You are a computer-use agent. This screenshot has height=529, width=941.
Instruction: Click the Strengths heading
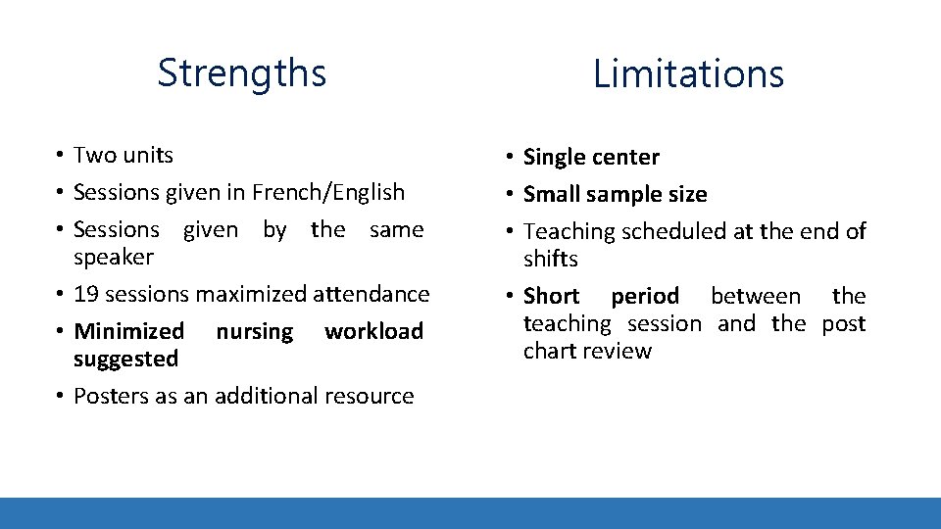point(241,73)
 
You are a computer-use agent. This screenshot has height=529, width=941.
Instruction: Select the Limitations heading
point(688,74)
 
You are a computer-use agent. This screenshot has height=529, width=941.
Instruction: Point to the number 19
point(85,294)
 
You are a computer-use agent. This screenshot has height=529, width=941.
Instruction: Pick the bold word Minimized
point(128,331)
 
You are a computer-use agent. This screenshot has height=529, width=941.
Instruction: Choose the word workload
point(373,331)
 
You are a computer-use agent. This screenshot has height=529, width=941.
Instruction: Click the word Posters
point(111,396)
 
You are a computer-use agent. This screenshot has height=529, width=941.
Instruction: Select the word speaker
point(114,258)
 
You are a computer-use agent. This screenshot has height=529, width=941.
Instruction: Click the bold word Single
point(552,158)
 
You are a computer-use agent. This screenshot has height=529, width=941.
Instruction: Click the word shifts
point(551,259)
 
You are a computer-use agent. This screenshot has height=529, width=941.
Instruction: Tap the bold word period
point(644,296)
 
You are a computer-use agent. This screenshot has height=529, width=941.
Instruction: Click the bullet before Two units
point(60,156)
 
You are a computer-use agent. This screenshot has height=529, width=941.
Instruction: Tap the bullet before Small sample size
point(510,195)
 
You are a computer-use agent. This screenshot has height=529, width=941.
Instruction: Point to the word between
point(755,296)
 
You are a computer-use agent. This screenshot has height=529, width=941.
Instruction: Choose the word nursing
point(254,332)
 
